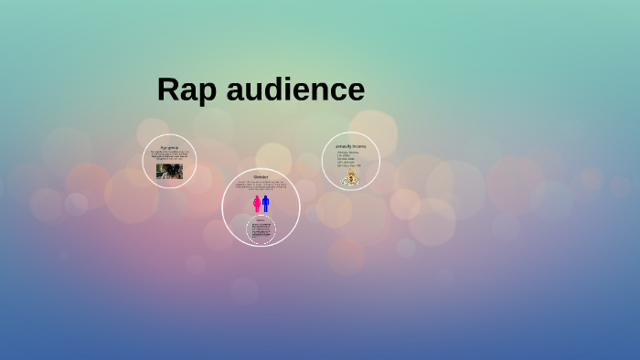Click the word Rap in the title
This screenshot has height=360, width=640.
click(186, 90)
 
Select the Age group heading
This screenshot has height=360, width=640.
click(169, 147)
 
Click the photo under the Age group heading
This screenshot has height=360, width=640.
click(169, 171)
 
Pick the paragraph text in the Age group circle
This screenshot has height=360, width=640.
click(169, 156)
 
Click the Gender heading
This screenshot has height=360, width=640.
click(261, 176)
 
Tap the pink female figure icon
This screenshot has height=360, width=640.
click(256, 204)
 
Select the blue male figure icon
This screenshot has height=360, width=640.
click(266, 204)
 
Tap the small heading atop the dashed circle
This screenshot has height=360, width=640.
click(261, 220)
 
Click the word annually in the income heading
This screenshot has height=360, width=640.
click(344, 146)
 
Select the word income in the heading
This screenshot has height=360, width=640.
click(359, 146)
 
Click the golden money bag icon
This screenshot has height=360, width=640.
click(350, 177)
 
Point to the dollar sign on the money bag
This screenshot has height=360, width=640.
click(350, 180)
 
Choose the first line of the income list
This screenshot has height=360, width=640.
click(348, 152)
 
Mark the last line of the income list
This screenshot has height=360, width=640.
click(348, 166)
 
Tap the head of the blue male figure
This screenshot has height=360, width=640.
click(266, 196)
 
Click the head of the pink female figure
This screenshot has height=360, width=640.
click(256, 196)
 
